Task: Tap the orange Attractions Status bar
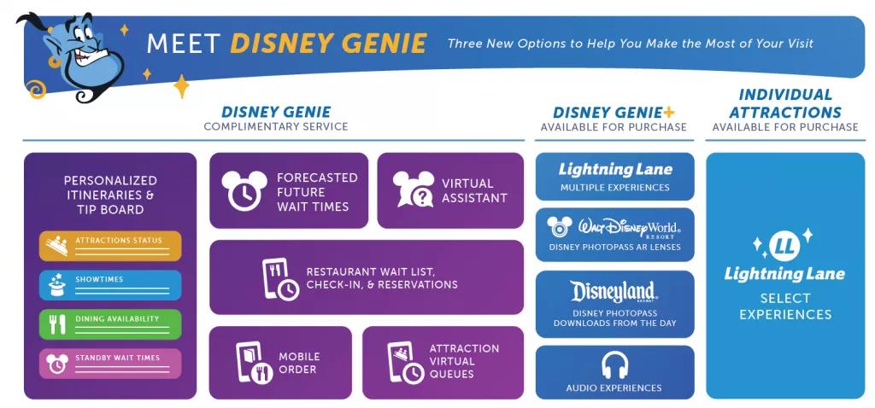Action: point(110,245)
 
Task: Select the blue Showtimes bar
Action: point(110,284)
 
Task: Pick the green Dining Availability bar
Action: point(110,323)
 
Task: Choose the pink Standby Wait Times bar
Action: point(110,363)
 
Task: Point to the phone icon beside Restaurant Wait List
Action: point(279,278)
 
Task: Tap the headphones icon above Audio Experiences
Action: point(614,365)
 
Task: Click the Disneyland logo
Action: point(614,293)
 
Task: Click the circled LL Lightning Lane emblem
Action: point(784,247)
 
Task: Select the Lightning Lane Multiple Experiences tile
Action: point(614,176)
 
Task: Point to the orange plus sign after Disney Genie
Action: point(668,112)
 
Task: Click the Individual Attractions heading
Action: point(784,102)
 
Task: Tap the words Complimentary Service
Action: point(275,127)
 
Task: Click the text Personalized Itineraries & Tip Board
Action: point(110,195)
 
